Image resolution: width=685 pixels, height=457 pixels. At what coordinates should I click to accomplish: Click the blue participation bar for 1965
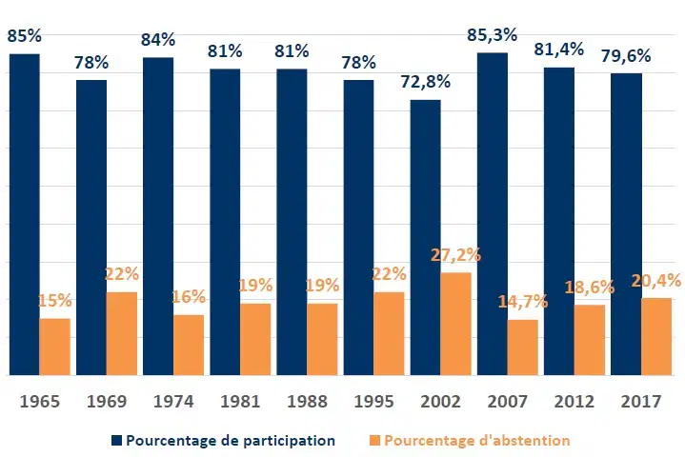coord(25,214)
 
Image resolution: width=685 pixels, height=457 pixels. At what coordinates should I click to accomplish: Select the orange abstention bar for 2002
coord(455,324)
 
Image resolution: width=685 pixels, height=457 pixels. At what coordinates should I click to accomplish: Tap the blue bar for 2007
coord(493,214)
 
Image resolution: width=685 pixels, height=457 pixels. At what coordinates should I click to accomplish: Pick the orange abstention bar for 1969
coord(122,333)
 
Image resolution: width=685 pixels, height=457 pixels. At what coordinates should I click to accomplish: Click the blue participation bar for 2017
coord(626,224)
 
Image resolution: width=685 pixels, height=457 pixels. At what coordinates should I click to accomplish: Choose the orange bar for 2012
coord(590,340)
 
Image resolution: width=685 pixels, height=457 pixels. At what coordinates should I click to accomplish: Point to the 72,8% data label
coord(426,82)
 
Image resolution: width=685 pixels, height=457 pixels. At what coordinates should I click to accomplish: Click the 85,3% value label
coord(492,35)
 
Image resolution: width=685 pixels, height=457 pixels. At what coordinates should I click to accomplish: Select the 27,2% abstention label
coord(455,255)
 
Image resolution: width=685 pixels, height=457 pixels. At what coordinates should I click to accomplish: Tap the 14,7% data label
coord(523,302)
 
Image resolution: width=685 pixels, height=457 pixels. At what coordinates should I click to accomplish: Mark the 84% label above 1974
coord(158,40)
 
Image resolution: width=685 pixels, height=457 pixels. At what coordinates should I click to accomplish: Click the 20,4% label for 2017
coord(656,281)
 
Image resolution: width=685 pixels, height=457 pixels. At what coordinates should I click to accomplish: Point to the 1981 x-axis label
coord(240,402)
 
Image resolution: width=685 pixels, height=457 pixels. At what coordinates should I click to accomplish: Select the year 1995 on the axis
coord(373,402)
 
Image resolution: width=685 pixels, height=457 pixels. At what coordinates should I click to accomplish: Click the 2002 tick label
coord(440,402)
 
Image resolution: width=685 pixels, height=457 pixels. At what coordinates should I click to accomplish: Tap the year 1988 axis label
coord(307,402)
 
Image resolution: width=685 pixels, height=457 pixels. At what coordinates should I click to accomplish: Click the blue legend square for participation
coord(116,441)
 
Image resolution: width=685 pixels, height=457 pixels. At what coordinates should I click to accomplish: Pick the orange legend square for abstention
coord(374,441)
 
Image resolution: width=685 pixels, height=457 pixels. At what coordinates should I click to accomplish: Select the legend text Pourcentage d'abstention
coord(477,441)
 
